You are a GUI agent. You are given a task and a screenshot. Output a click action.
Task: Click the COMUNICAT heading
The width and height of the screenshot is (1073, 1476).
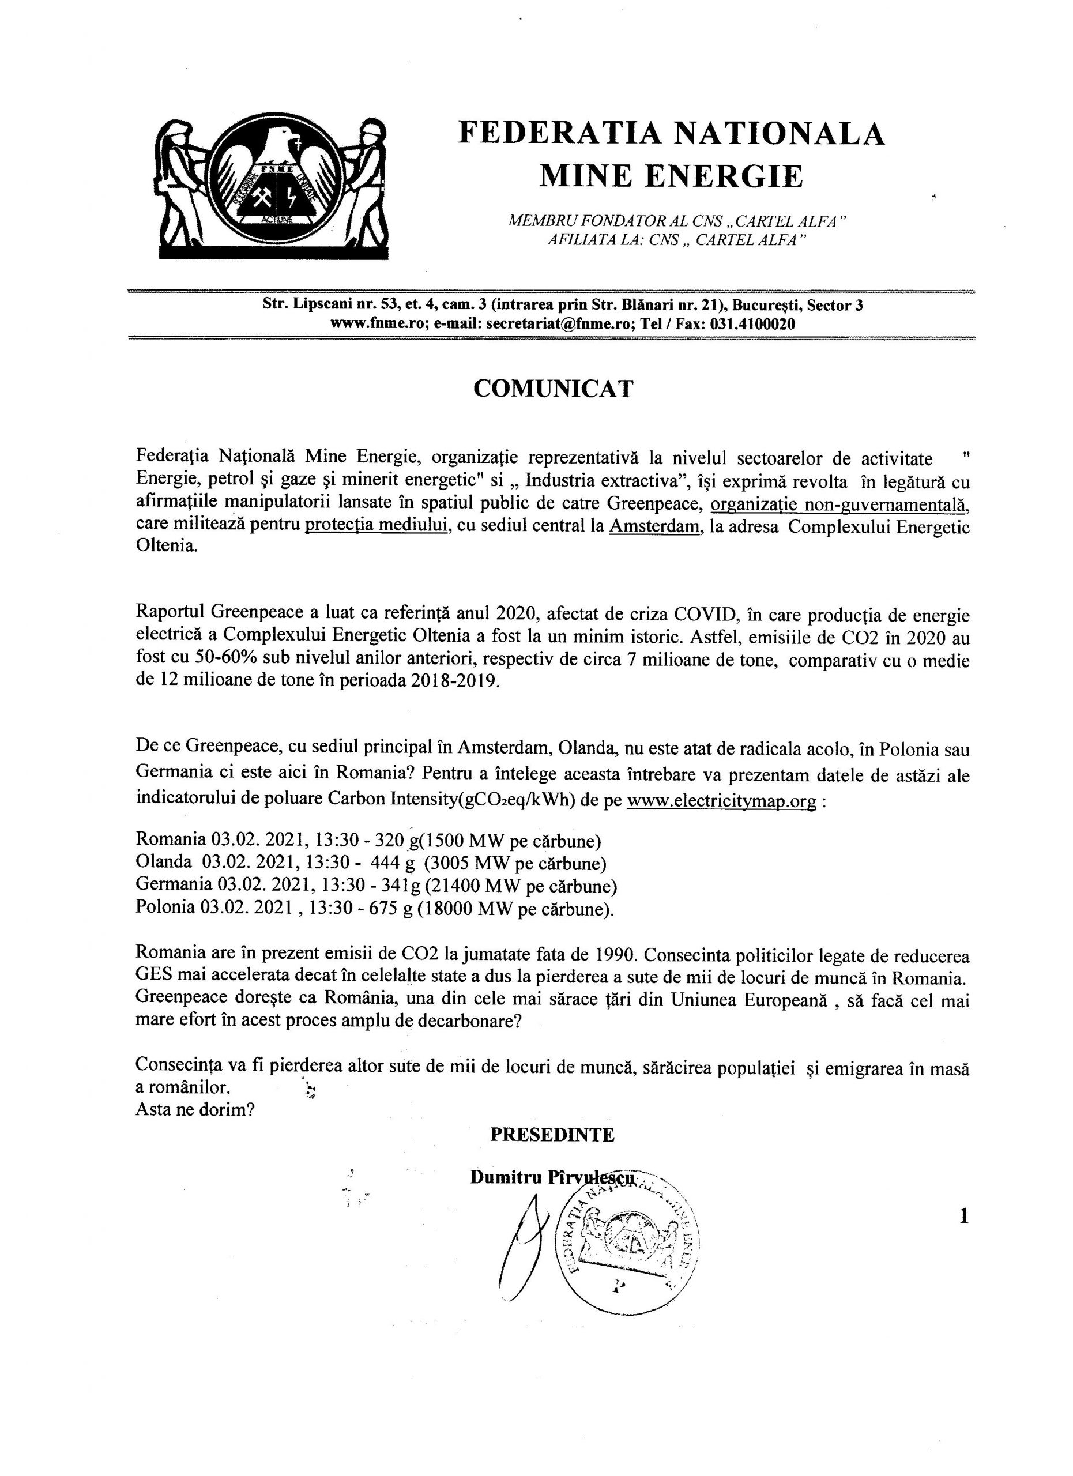click(x=552, y=389)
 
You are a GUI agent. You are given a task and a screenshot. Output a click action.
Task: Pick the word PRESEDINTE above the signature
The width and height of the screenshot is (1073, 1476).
click(x=552, y=1135)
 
